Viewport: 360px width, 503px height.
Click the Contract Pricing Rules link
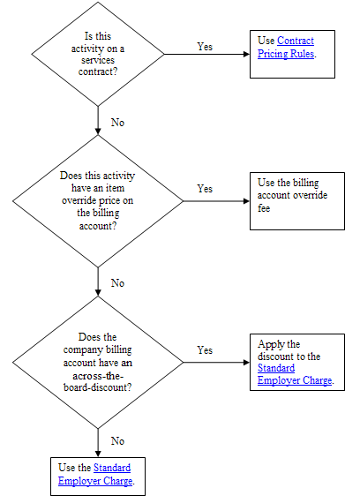[286, 47]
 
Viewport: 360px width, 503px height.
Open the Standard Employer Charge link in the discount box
[295, 374]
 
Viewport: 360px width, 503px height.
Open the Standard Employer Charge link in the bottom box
[95, 475]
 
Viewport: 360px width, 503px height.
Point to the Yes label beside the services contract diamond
[205, 47]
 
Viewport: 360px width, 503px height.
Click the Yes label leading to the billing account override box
[205, 188]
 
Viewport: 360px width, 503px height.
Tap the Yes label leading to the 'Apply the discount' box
[205, 350]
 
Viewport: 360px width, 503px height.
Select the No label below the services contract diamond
[117, 123]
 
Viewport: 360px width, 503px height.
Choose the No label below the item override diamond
[117, 283]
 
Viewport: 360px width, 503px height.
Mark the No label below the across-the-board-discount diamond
[117, 441]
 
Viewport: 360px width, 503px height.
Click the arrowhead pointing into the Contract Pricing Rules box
[247, 54]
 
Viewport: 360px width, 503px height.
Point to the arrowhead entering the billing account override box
[247, 201]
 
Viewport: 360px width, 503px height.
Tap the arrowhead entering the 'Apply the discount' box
[247, 363]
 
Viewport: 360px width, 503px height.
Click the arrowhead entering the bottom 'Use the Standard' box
[98, 454]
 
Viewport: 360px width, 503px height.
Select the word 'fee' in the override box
[264, 208]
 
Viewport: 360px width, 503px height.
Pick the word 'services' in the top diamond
[98, 60]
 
